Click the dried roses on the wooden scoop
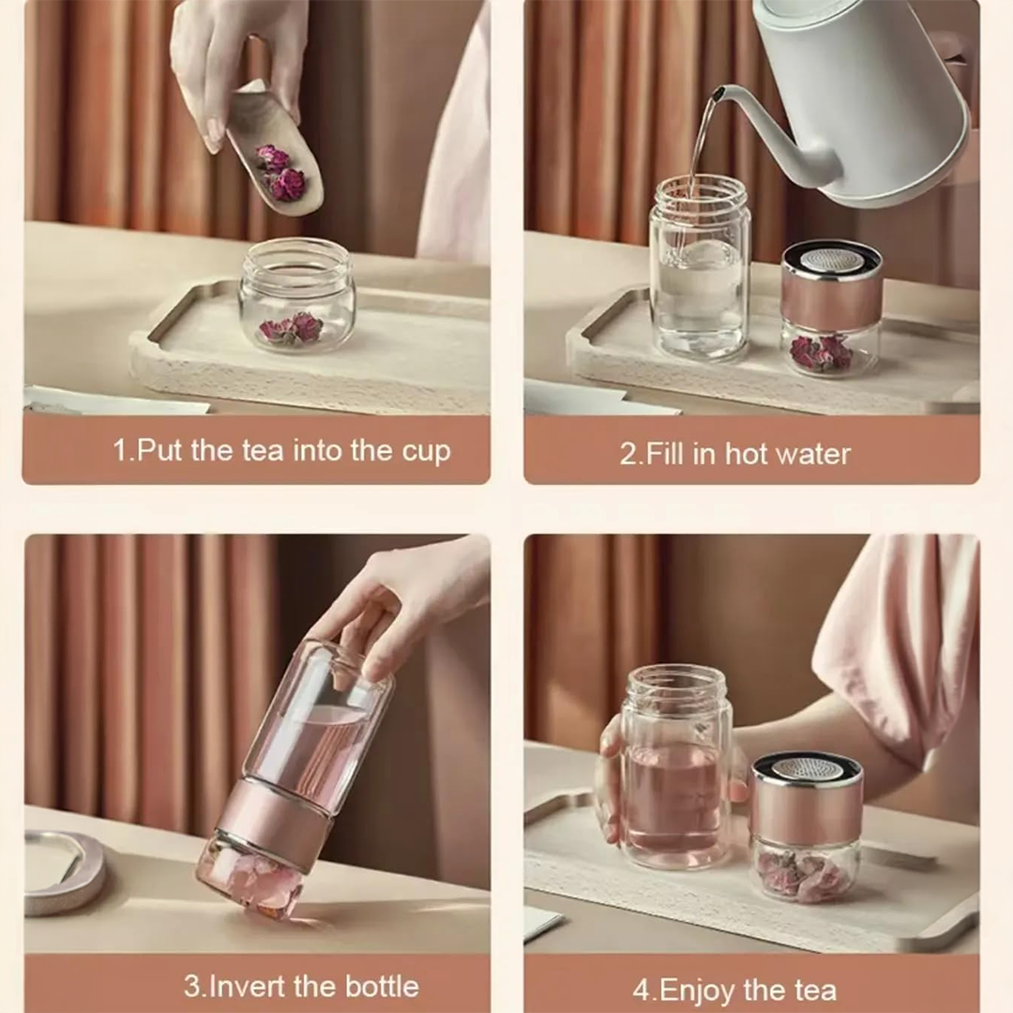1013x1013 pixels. pyautogui.click(x=280, y=168)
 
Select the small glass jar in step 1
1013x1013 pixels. pyautogui.click(x=297, y=295)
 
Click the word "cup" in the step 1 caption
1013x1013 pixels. pyautogui.click(x=426, y=451)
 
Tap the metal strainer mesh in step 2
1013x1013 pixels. pyautogui.click(x=831, y=261)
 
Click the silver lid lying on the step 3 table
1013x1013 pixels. pyautogui.click(x=64, y=872)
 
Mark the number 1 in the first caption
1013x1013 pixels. pyautogui.click(x=120, y=450)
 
